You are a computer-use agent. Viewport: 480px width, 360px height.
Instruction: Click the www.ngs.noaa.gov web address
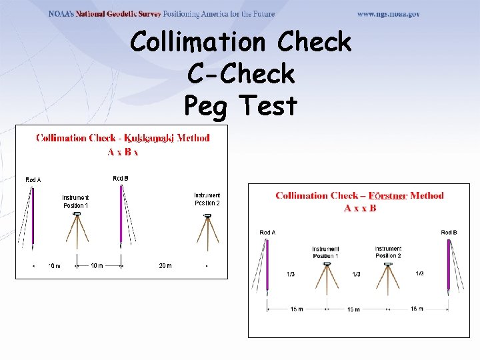(x=388, y=14)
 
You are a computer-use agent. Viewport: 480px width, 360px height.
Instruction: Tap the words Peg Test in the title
(x=240, y=105)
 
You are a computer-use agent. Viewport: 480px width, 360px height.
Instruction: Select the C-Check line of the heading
(x=241, y=74)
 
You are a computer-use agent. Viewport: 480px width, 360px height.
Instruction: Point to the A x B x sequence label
(x=123, y=152)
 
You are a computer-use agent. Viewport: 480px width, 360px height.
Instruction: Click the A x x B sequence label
(x=360, y=208)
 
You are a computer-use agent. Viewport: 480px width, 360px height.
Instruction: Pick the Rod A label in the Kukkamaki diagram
(x=33, y=180)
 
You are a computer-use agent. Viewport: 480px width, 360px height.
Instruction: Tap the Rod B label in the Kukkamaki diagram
(x=121, y=179)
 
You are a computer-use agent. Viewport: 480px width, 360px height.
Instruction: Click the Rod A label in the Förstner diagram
(x=267, y=233)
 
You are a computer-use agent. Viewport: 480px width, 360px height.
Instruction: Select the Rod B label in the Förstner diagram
(x=449, y=233)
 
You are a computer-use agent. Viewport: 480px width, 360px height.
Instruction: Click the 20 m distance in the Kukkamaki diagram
(x=165, y=266)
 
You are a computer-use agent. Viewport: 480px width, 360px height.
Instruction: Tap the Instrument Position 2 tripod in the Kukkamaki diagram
(x=207, y=232)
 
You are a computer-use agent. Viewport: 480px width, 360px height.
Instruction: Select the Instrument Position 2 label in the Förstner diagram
(x=387, y=252)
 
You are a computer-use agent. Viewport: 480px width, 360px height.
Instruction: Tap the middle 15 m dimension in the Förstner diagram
(x=353, y=310)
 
